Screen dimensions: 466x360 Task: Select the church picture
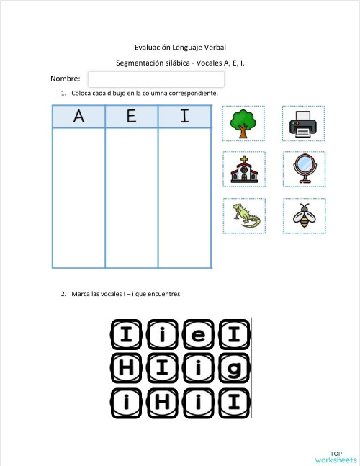pyautogui.click(x=244, y=170)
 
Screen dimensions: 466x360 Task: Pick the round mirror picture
pyautogui.click(x=303, y=170)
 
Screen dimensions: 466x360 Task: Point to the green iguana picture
pyautogui.click(x=244, y=215)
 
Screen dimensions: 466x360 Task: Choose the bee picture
pyautogui.click(x=303, y=215)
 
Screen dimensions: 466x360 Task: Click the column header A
pyautogui.click(x=78, y=117)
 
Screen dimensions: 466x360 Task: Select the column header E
pyautogui.click(x=132, y=117)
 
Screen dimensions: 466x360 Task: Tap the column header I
pyautogui.click(x=185, y=117)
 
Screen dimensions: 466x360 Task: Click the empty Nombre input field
pyautogui.click(x=156, y=79)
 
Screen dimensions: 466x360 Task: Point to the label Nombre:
pyautogui.click(x=66, y=79)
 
